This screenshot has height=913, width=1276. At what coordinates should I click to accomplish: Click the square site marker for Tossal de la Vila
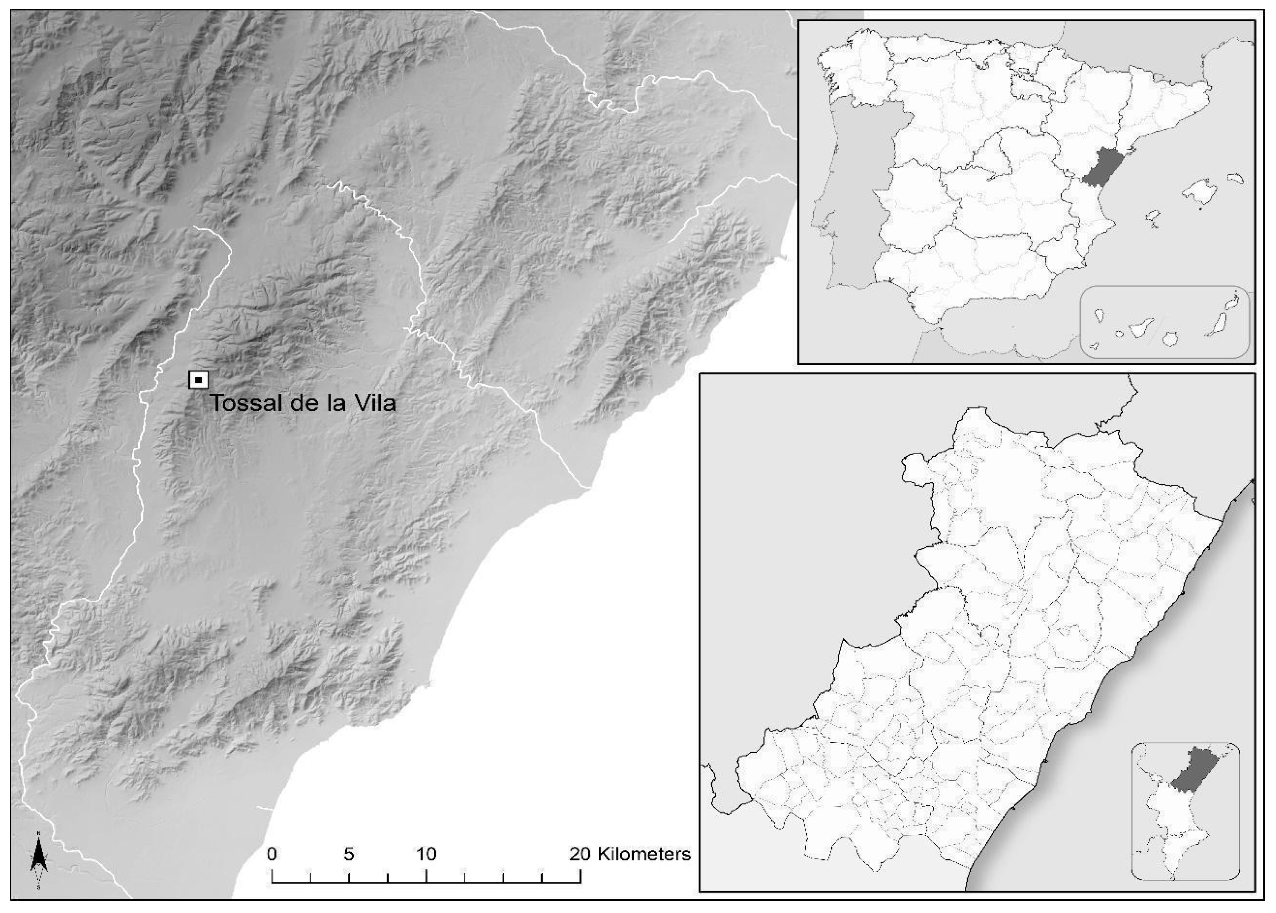pyautogui.click(x=198, y=380)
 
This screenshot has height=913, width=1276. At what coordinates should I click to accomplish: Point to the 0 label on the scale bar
pyautogui.click(x=272, y=854)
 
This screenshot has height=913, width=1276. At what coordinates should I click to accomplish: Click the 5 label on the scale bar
pyautogui.click(x=349, y=854)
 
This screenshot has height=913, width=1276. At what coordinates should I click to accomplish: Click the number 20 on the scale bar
pyautogui.click(x=580, y=854)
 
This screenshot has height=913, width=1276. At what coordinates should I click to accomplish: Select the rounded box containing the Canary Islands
pyautogui.click(x=1164, y=322)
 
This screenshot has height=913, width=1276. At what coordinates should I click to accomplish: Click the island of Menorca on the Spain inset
pyautogui.click(x=1235, y=179)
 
